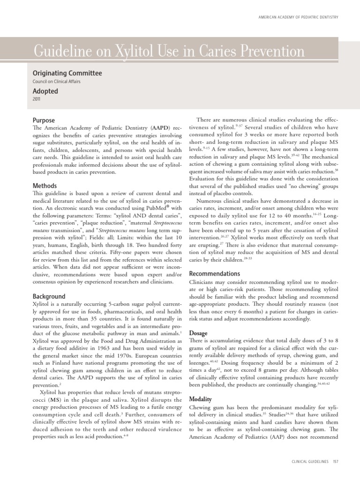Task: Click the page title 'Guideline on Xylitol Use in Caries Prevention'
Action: click(168, 51)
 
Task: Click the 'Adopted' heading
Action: click(45, 91)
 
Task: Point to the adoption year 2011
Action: click(37, 100)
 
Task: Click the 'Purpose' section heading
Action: click(44, 120)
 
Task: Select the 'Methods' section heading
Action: click(45, 186)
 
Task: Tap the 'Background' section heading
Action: click(49, 297)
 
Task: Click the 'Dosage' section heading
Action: click(198, 333)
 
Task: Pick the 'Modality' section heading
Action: click(200, 399)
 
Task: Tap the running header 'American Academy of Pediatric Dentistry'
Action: click(298, 17)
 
